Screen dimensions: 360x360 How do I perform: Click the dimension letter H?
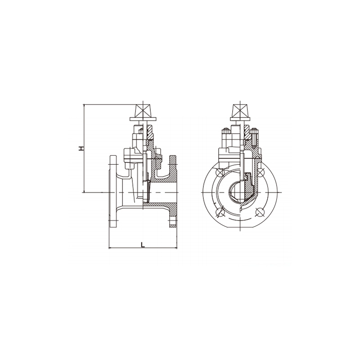[x=81, y=148]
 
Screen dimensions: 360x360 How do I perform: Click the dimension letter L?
[x=143, y=245]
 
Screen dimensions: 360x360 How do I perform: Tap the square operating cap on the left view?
[x=143, y=111]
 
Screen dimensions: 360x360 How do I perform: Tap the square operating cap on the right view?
[x=240, y=111]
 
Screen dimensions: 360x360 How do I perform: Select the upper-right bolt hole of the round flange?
[x=261, y=172]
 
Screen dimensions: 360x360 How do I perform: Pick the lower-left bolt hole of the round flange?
[x=220, y=212]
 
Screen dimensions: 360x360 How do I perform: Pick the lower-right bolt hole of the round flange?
[x=260, y=212]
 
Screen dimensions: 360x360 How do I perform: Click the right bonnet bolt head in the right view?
[x=255, y=131]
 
